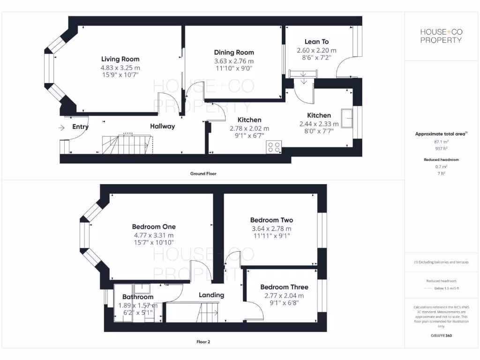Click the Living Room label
[x=120, y=59]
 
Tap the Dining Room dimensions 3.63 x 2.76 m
[x=234, y=61]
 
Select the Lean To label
[x=316, y=42]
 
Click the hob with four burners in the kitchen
[x=273, y=147]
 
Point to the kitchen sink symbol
[x=347, y=118]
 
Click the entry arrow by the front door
[x=61, y=127]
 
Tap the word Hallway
[x=162, y=126]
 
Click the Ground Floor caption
[x=203, y=173]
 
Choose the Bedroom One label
[x=154, y=226]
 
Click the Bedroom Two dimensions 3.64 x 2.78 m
[x=271, y=229]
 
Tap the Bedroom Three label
[x=284, y=287]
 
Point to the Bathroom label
[x=138, y=297]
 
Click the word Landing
[x=211, y=295]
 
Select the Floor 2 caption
[x=203, y=342]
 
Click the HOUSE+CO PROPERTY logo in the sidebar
[x=441, y=36]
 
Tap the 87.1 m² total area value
[x=441, y=141]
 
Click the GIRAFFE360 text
[x=441, y=336]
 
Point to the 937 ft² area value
[x=441, y=148]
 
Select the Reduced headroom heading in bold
[x=441, y=160]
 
